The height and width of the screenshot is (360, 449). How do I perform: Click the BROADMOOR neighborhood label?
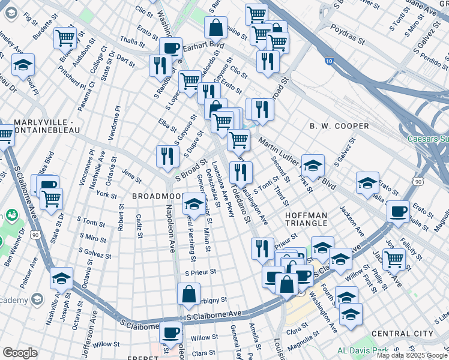pyautogui.click(x=157, y=196)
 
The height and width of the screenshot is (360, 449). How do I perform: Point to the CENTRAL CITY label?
pyautogui.click(x=402, y=333)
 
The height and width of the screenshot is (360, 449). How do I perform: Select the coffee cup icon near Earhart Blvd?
pyautogui.click(x=170, y=47)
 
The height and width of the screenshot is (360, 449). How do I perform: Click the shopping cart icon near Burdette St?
pyautogui.click(x=64, y=37)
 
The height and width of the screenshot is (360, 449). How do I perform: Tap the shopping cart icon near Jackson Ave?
pyautogui.click(x=393, y=259)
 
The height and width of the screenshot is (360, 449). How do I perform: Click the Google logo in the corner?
pyautogui.click(x=20, y=353)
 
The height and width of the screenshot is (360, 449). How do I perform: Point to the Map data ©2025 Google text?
pyautogui.click(x=412, y=355)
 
